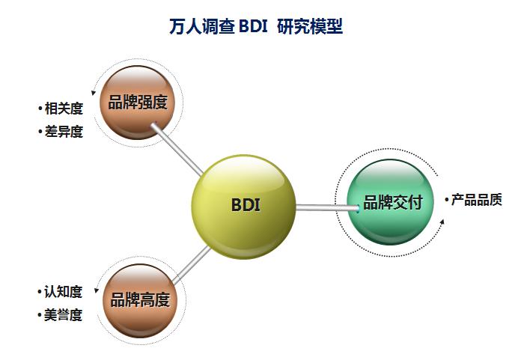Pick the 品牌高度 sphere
point(139,299)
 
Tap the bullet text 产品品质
point(476,200)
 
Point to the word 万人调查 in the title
point(201,27)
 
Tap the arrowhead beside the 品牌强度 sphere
point(94,93)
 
